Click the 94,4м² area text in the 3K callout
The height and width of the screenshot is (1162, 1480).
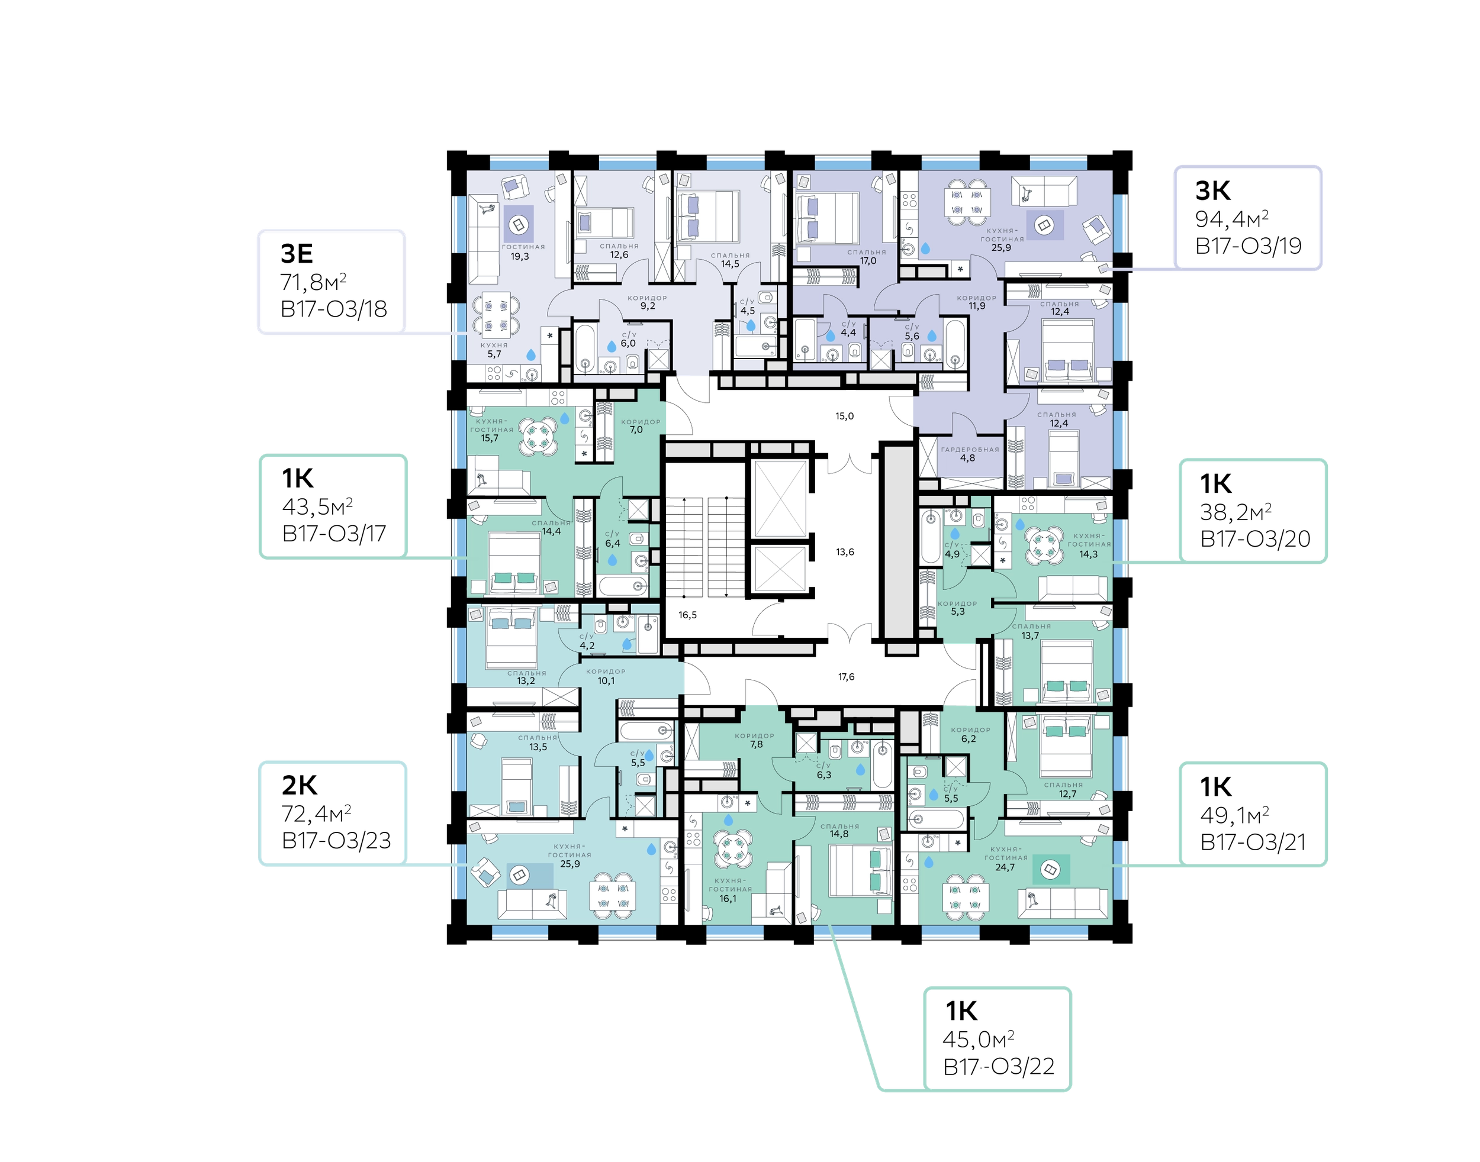pos(1231,219)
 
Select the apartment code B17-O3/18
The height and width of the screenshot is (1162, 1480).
pos(333,309)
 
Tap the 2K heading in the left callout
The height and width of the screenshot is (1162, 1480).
pos(299,785)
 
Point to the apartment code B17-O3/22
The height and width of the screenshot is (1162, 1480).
pos(999,1066)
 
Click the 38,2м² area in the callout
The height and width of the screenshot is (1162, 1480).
pos(1235,512)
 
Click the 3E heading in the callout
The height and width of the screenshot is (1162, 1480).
pos(297,253)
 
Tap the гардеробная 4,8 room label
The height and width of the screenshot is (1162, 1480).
pos(970,454)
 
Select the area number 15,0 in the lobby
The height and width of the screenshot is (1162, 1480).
pos(844,416)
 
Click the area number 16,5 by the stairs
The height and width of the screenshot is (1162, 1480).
pos(687,615)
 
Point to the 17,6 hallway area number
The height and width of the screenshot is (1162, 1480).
pos(846,677)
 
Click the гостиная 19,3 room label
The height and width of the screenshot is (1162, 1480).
pos(523,251)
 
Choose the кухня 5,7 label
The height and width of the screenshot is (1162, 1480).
pos(494,350)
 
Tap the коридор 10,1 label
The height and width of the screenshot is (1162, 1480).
pos(606,676)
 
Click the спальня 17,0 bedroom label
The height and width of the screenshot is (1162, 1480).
pos(867,257)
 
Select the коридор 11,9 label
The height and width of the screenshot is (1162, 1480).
pos(976,302)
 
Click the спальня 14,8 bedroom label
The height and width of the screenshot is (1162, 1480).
pos(839,830)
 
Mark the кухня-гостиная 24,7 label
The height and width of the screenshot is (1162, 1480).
pos(1005,858)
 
